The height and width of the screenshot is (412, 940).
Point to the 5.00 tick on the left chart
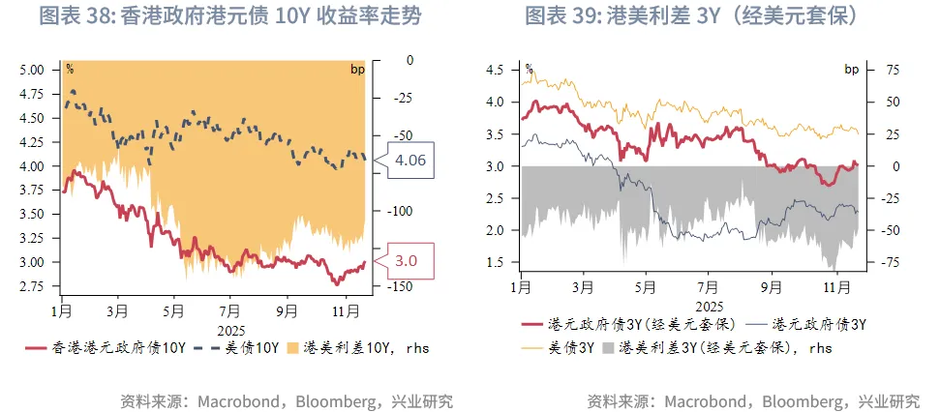tap(32, 70)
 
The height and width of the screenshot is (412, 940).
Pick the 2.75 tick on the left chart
tap(32, 286)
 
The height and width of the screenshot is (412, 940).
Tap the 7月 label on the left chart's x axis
tap(229, 311)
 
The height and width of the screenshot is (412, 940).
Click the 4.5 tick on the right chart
tap(495, 70)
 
